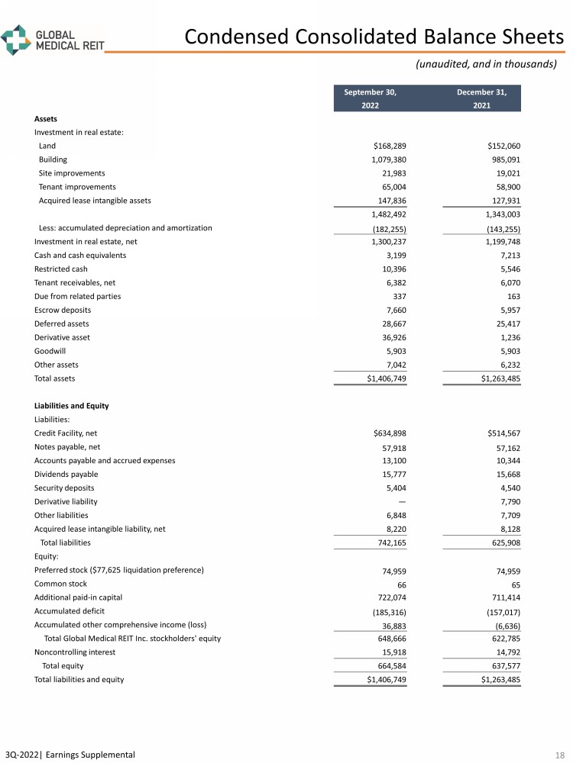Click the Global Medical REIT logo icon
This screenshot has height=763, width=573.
pyautogui.click(x=15, y=39)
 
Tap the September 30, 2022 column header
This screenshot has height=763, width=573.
pyautogui.click(x=370, y=99)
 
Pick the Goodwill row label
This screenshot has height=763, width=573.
pyautogui.click(x=50, y=351)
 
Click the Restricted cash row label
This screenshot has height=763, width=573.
pyautogui.click(x=60, y=269)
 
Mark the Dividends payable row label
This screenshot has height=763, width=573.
pyautogui.click(x=66, y=475)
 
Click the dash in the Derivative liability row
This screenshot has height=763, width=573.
pyautogui.click(x=402, y=502)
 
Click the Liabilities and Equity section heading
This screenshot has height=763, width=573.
pyautogui.click(x=71, y=406)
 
